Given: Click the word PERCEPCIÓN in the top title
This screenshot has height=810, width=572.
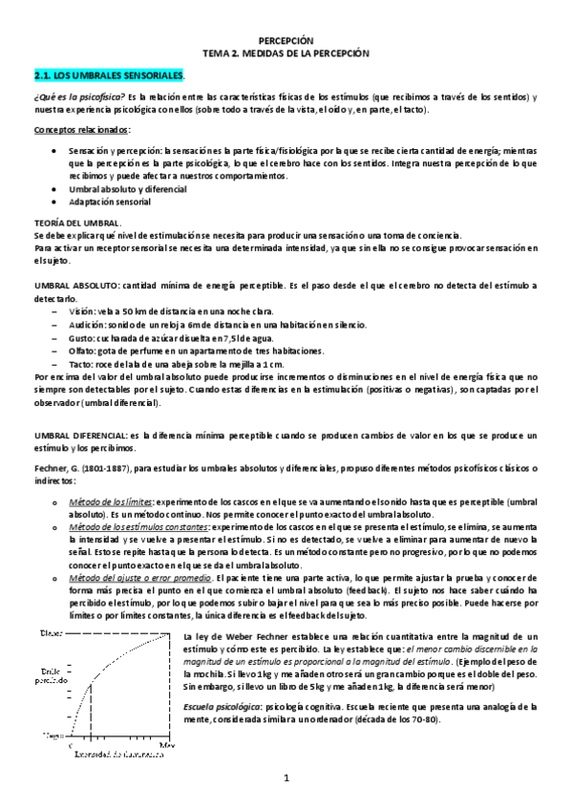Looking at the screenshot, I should click(286, 42).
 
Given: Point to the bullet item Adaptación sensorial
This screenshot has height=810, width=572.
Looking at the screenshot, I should click(110, 202).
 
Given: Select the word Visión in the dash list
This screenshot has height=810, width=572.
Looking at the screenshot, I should click(80, 311).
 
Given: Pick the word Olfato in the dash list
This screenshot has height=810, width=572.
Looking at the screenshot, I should click(81, 351).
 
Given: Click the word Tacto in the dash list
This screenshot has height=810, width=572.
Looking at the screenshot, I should click(80, 364).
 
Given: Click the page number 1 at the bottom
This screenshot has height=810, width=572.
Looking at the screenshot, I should click(286, 778).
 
